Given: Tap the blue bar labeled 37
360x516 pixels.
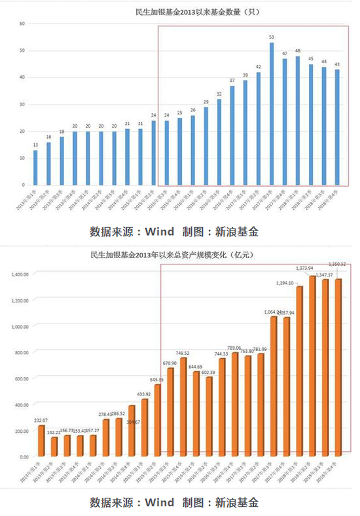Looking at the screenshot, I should pos(232,136).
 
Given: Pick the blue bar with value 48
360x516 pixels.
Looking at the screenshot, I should pos(298,120).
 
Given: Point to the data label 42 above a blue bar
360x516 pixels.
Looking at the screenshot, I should pos(259,67).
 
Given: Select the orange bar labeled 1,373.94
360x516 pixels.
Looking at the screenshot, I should pos(312,366).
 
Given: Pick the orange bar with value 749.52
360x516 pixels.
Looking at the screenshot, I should pos(184,407).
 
